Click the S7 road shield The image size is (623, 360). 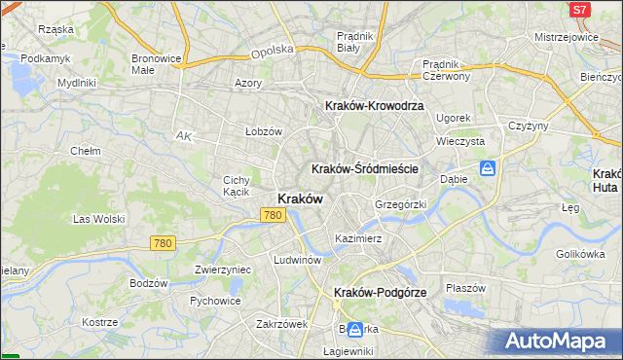point(579,10)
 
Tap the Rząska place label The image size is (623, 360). point(55,29)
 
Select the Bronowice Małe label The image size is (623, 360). point(156,64)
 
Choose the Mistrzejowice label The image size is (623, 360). point(566,37)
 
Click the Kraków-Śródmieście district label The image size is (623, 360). point(365,168)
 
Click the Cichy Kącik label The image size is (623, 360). point(238,186)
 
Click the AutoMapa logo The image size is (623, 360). point(558,341)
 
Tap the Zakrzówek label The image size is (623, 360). point(281,324)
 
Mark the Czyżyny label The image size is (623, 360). point(530,126)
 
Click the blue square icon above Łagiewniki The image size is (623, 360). point(355,331)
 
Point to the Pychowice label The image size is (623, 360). point(215,301)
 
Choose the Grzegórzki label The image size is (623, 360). point(401,205)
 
